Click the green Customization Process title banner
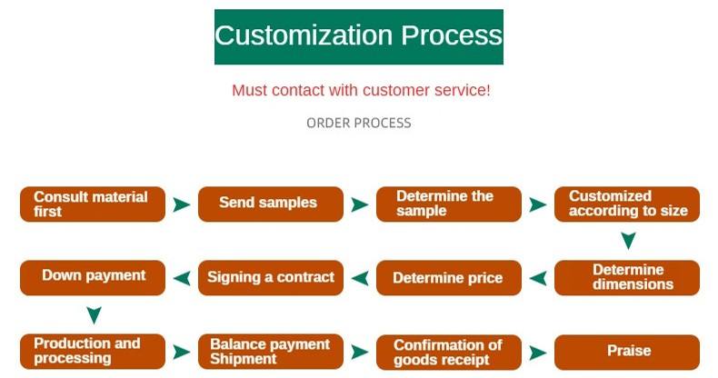(x=358, y=36)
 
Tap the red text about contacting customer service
(x=361, y=91)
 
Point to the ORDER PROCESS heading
(x=358, y=123)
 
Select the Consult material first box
(x=93, y=204)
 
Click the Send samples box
(x=270, y=204)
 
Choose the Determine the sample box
(x=448, y=204)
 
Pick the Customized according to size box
(x=627, y=204)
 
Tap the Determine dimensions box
(x=627, y=277)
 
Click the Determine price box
(x=448, y=278)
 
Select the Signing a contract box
(x=270, y=277)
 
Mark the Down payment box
(x=93, y=277)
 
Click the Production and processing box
(x=93, y=352)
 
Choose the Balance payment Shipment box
(x=270, y=352)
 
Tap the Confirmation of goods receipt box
(x=448, y=352)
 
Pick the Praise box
(x=627, y=352)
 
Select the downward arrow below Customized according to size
(x=627, y=242)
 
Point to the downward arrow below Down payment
(x=93, y=315)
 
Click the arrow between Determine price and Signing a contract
(x=360, y=278)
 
